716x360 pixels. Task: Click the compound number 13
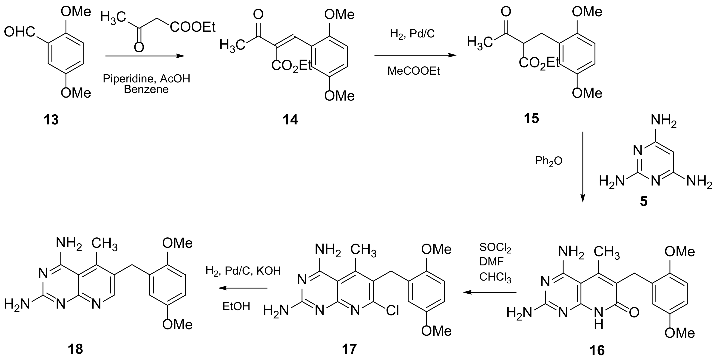click(x=51, y=120)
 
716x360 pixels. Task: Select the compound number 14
click(x=290, y=120)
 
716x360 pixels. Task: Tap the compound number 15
click(x=531, y=119)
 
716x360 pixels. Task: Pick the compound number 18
click(x=75, y=349)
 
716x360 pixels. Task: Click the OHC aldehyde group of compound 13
click(x=20, y=33)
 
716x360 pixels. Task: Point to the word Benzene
click(x=146, y=90)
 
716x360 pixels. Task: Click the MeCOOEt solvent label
click(x=414, y=71)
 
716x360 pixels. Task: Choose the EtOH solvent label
click(x=236, y=306)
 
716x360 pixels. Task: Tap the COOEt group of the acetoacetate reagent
click(x=193, y=28)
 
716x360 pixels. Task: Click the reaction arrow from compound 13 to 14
click(x=145, y=56)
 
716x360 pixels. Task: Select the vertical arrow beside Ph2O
click(x=582, y=167)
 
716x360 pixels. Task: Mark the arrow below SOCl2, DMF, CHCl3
click(x=489, y=292)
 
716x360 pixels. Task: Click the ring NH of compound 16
click(x=598, y=318)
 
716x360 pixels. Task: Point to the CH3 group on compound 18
click(x=104, y=244)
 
